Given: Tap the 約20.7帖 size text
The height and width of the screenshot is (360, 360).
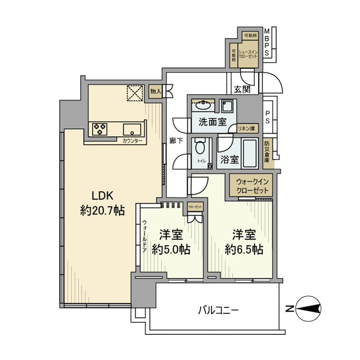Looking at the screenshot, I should tap(102, 210).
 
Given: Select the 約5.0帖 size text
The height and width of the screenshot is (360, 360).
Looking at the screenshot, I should tap(171, 249).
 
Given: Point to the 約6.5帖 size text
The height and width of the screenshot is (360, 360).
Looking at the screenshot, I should tap(244, 249).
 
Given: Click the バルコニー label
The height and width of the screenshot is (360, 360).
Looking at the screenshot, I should tap(218, 311).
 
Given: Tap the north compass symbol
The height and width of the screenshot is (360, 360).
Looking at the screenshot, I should tap(308, 309).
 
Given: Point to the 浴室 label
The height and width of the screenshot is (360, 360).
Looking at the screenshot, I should tap(229, 159).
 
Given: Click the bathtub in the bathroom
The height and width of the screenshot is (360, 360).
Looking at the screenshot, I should tap(253, 153).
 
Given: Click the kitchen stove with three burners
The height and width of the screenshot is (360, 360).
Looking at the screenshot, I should tap(100, 129).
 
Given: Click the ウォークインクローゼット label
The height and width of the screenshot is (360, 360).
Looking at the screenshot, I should tap(253, 186).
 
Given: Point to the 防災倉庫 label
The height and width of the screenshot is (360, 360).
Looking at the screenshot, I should tap(267, 152).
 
